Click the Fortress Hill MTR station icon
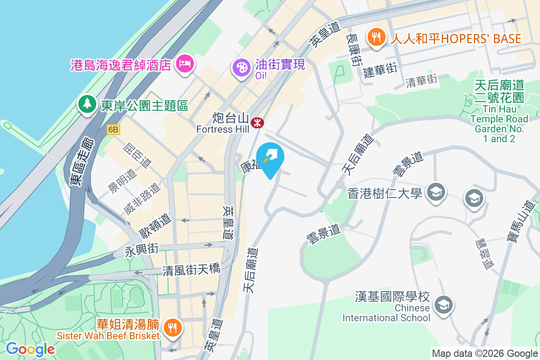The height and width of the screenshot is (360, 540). pyautogui.click(x=257, y=122)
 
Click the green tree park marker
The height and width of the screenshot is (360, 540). pyautogui.click(x=87, y=103)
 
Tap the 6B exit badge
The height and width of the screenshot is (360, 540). pyautogui.click(x=113, y=130)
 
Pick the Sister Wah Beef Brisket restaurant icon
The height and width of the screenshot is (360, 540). pyautogui.click(x=171, y=327)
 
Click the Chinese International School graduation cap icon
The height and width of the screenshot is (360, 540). pyautogui.click(x=443, y=304)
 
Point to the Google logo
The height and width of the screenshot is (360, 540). pyautogui.click(x=31, y=349)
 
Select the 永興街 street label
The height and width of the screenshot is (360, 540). pyautogui.click(x=142, y=249)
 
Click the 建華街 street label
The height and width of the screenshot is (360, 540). pyautogui.click(x=380, y=69)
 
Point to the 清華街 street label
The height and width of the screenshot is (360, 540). pyautogui.click(x=421, y=81)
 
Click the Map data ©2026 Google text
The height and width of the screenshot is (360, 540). pyautogui.click(x=485, y=353)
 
